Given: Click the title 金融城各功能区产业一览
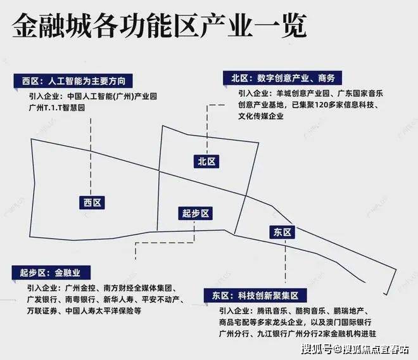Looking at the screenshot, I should pos(159,27).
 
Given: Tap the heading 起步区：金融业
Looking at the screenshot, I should pos(54,273).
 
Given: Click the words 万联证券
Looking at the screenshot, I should pos(44,311).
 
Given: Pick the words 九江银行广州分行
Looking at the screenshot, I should pos(283,334).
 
